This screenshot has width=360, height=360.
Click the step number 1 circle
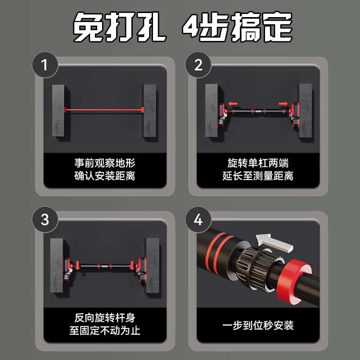pyautogui.click(x=44, y=66)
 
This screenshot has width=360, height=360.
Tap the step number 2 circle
pyautogui.click(x=198, y=66)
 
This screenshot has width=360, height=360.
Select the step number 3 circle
pyautogui.click(x=44, y=220)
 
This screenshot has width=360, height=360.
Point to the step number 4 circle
pyautogui.click(x=198, y=220)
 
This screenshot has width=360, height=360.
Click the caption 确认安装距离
pyautogui.click(x=104, y=176)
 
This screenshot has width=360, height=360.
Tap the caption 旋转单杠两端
pyautogui.click(x=258, y=163)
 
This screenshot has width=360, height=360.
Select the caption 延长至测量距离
pyautogui.click(x=258, y=176)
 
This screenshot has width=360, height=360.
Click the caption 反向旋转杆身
pyautogui.click(x=104, y=318)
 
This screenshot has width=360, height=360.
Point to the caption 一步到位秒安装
pyautogui.click(x=258, y=324)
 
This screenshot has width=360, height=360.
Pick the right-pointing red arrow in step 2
pyautogui.click(x=283, y=103)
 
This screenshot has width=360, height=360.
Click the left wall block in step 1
pyautogui.click(x=59, y=110)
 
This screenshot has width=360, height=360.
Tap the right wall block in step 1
pyautogui.click(x=149, y=110)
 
